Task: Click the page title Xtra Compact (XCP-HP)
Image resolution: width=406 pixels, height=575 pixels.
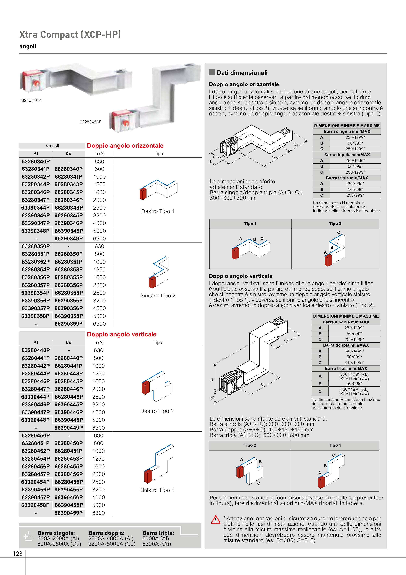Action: [x=70, y=35]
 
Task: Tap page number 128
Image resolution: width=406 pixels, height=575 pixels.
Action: [x=18, y=554]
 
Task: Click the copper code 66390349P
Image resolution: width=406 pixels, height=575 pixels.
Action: [x=69, y=239]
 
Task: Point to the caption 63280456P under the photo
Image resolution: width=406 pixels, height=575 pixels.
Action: [x=91, y=122]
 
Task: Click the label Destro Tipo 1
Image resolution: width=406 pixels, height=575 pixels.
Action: [x=158, y=211]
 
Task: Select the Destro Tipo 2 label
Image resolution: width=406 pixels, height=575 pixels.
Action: [x=157, y=411]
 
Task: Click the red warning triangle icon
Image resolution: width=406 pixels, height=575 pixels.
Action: [x=215, y=519]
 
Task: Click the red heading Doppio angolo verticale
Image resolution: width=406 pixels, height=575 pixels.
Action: [x=122, y=334]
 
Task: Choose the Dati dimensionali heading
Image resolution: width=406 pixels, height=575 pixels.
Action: [x=242, y=73]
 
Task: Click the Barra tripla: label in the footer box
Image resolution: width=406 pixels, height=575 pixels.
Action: [x=158, y=533]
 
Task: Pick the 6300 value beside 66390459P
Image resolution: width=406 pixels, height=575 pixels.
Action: [x=98, y=513]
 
